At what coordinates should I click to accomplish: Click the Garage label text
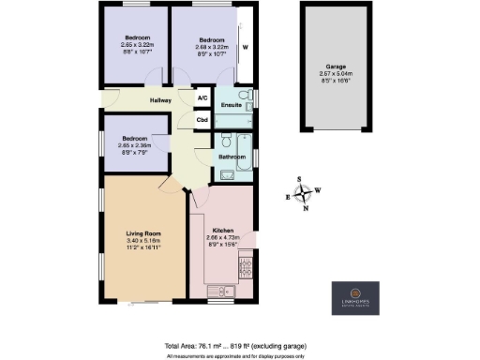point(336,67)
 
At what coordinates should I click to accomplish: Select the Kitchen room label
point(222,230)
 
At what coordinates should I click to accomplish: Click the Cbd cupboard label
point(202,120)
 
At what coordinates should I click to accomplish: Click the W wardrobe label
point(246,47)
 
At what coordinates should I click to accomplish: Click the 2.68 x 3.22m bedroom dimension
point(213,47)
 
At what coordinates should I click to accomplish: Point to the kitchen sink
point(219,287)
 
